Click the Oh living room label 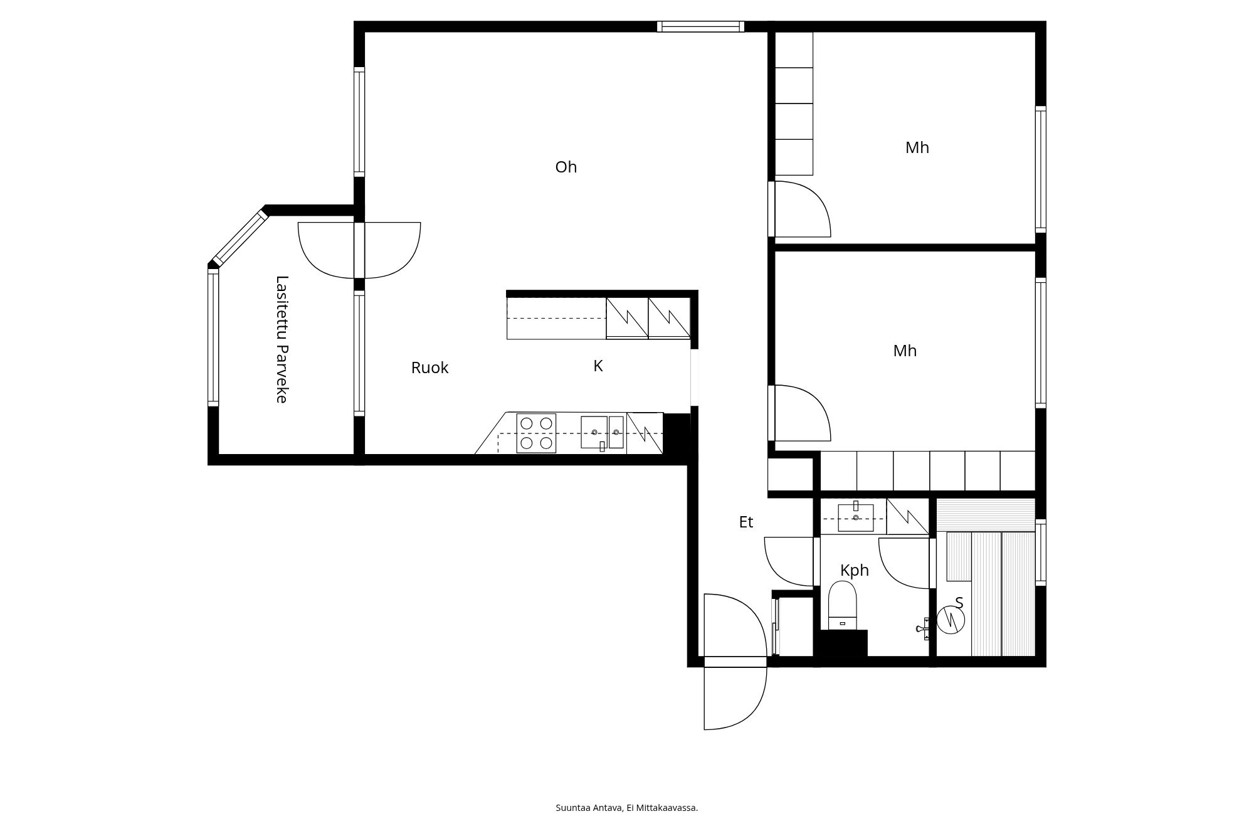(566, 167)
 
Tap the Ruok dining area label (429, 368)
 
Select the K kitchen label (598, 366)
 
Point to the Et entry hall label (746, 522)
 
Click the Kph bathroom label (855, 570)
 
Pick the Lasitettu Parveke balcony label (282, 339)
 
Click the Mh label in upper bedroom (917, 147)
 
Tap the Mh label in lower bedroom (905, 351)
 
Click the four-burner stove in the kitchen (536, 433)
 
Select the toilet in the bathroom (842, 605)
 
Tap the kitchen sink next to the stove (603, 432)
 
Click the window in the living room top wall (701, 26)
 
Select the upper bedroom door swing (803, 209)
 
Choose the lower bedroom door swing (803, 413)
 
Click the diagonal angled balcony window (240, 238)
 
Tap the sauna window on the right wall (1041, 553)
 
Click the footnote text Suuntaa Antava (589, 808)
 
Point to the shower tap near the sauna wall (924, 628)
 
